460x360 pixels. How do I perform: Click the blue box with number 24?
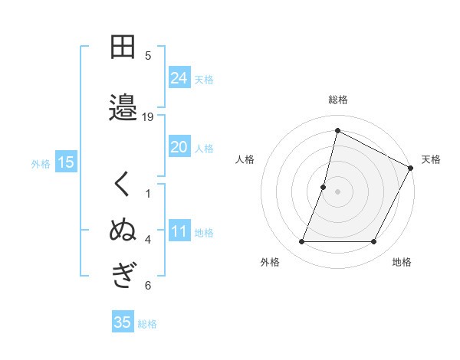click(x=179, y=77)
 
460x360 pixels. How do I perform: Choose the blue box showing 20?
click(x=179, y=147)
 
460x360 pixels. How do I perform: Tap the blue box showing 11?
click(x=179, y=231)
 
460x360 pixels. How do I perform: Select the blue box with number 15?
click(x=65, y=162)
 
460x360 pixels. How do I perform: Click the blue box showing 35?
click(x=123, y=322)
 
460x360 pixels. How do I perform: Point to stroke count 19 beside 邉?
click(x=148, y=116)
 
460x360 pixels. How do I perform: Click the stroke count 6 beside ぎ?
click(x=148, y=286)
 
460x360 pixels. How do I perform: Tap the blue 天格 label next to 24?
click(x=204, y=79)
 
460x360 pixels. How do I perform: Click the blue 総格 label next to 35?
click(x=147, y=324)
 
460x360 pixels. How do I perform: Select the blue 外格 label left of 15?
click(x=41, y=163)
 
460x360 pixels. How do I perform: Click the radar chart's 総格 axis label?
click(x=337, y=100)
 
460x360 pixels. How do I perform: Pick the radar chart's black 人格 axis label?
click(x=245, y=159)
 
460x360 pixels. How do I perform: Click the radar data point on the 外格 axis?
click(x=301, y=242)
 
